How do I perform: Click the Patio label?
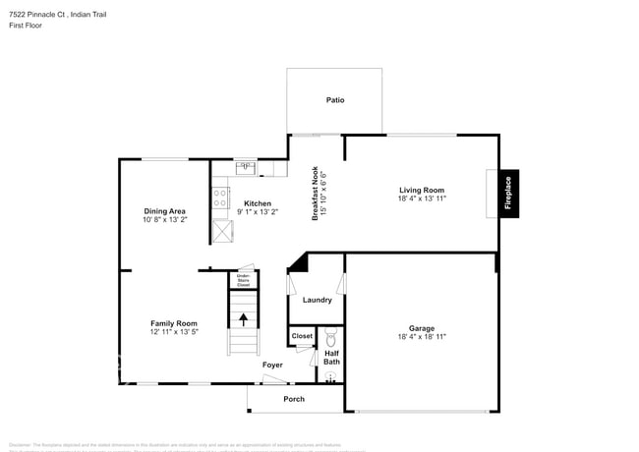coord(335,100)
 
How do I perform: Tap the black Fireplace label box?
coord(508,192)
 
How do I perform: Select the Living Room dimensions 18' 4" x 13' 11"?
coord(422,198)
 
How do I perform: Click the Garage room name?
coord(422,328)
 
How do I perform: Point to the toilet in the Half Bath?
coord(331,337)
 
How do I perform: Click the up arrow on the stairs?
coord(242,319)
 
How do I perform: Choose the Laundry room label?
coord(317,300)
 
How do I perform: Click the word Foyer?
coord(272,365)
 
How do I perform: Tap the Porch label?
coord(293,399)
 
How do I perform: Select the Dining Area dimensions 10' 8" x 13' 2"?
coord(164,220)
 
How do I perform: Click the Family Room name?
coord(173,323)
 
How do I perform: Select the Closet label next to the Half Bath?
coord(302,336)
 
